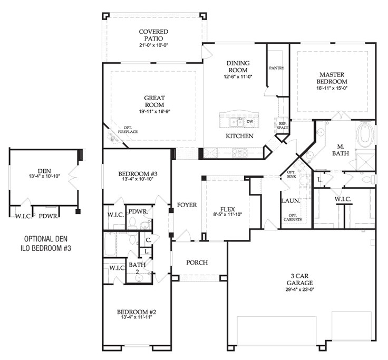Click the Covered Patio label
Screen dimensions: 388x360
pyautogui.click(x=153, y=35)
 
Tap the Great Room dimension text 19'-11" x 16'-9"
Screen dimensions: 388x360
pyautogui.click(x=154, y=112)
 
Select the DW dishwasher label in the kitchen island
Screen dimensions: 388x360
pyautogui.click(x=250, y=121)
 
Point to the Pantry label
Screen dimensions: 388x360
pyautogui.click(x=277, y=68)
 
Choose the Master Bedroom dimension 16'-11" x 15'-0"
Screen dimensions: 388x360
pyautogui.click(x=332, y=88)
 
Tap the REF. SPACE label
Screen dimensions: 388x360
pyautogui.click(x=283, y=125)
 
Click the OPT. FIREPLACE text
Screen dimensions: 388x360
pyautogui.click(x=128, y=130)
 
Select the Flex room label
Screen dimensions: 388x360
pyautogui.click(x=227, y=209)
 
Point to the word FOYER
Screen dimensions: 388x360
pyautogui.click(x=187, y=205)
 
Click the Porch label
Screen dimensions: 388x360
pyautogui.click(x=197, y=262)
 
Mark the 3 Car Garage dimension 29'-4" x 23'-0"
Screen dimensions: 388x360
pyautogui.click(x=299, y=289)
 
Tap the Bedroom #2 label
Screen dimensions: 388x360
pyautogui.click(x=137, y=312)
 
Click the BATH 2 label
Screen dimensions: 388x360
pyautogui.click(x=137, y=268)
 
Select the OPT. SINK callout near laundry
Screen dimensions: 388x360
pyautogui.click(x=292, y=174)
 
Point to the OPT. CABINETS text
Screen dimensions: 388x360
pyautogui.click(x=293, y=218)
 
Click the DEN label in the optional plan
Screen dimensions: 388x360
pyautogui.click(x=44, y=171)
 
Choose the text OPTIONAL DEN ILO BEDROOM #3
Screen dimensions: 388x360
pyautogui.click(x=46, y=244)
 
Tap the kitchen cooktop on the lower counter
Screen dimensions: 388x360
pyautogui.click(x=240, y=152)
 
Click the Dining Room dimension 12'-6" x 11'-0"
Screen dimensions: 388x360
pyautogui.click(x=238, y=77)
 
